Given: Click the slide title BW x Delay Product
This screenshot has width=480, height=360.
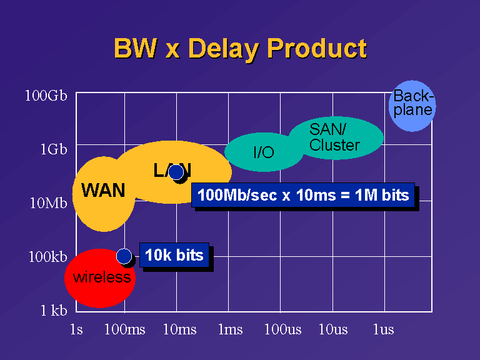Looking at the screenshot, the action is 240,48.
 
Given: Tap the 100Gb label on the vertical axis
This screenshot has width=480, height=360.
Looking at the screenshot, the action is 46,96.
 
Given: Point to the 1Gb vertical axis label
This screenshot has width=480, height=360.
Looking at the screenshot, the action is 54,149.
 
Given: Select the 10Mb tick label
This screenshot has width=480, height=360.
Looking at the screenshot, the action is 48,203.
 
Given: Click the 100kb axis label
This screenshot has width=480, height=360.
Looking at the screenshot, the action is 47,256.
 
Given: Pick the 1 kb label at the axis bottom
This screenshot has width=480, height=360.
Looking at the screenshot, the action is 54,311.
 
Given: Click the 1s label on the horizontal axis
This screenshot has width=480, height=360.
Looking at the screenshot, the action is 76,330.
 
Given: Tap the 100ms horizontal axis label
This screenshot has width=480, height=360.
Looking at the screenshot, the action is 125,330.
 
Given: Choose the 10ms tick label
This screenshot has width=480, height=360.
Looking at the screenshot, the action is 180,330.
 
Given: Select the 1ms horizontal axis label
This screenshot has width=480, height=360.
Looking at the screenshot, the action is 231,330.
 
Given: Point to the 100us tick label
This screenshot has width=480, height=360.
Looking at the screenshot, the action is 283,330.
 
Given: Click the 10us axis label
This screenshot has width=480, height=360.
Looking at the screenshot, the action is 333,330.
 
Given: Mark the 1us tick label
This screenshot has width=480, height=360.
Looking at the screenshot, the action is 384,330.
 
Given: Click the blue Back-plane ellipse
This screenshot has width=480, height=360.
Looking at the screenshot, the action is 412,106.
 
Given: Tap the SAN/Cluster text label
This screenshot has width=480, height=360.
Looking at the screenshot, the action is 334,137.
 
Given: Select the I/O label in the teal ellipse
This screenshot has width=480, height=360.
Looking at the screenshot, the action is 264,152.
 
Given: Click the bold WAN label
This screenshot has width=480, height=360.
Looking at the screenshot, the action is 103,190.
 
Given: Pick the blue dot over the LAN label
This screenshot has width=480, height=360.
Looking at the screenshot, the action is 176,172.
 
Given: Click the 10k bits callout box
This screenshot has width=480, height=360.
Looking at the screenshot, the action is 174,255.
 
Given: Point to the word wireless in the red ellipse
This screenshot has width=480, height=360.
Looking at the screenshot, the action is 102,277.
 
